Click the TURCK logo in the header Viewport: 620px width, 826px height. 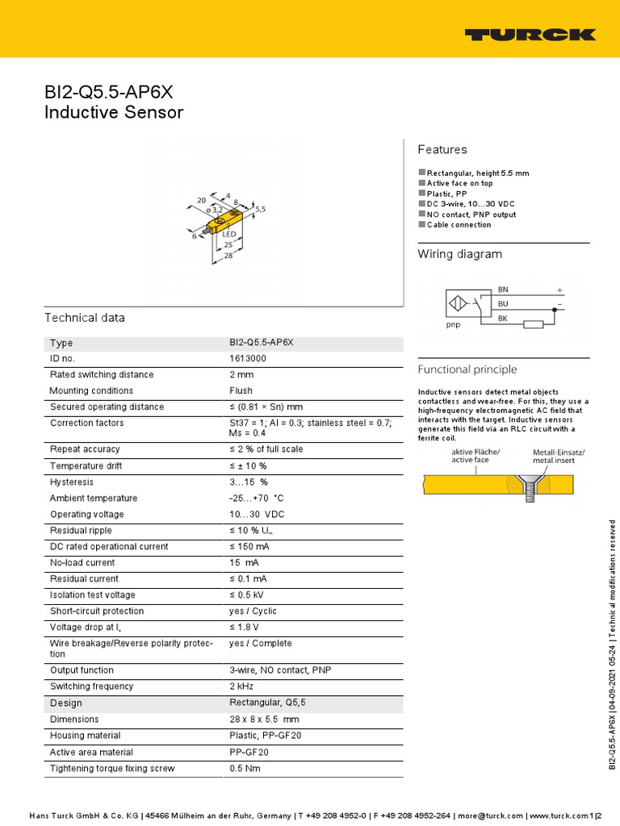[530, 35]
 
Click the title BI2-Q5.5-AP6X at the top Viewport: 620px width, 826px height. [108, 92]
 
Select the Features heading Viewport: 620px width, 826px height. [442, 149]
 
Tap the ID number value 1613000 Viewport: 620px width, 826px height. [248, 358]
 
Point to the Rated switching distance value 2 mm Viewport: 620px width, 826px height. [241, 374]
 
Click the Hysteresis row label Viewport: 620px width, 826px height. [72, 482]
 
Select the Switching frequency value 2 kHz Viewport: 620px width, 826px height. [243, 686]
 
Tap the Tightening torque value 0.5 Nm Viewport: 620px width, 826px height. [245, 767]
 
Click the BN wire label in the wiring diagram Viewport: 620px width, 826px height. [503, 289]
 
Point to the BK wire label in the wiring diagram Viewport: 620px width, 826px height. [503, 319]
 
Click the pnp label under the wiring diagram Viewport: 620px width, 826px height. [453, 325]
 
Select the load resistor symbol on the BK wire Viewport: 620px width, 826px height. [533, 324]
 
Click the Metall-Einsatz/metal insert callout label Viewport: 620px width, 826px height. [559, 457]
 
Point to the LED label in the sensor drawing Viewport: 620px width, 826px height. [228, 234]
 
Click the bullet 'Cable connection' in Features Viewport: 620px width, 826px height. [459, 225]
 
